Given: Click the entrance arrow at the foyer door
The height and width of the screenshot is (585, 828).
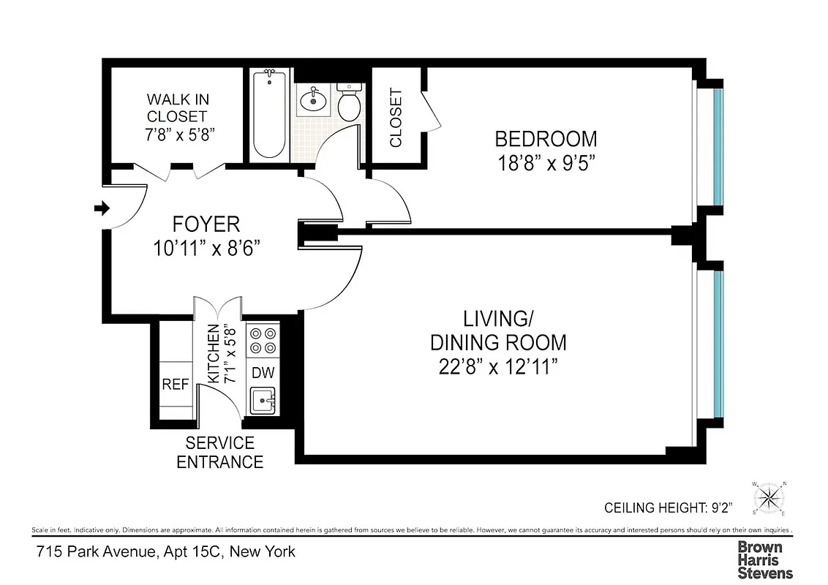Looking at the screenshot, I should (101, 209).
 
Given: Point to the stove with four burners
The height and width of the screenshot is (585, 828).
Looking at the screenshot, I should (263, 339).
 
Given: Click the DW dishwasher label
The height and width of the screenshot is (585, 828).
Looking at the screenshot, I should (263, 372).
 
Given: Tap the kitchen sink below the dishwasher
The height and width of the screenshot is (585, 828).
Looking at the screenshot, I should (263, 400).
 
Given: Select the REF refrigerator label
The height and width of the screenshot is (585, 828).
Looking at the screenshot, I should (175, 384).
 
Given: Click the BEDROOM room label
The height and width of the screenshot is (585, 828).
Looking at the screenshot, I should (546, 138).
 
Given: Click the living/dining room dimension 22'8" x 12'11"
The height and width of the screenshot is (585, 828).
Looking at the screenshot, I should (498, 366).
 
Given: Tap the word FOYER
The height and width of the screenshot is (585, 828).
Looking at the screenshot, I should (206, 224).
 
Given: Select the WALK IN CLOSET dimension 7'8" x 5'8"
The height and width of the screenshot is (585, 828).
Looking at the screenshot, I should (179, 135).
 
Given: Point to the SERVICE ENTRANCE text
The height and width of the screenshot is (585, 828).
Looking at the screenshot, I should (219, 453).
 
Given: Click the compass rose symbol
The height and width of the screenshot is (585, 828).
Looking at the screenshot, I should (768, 499).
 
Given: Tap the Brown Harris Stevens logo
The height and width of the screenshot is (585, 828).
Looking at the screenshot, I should (764, 560).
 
